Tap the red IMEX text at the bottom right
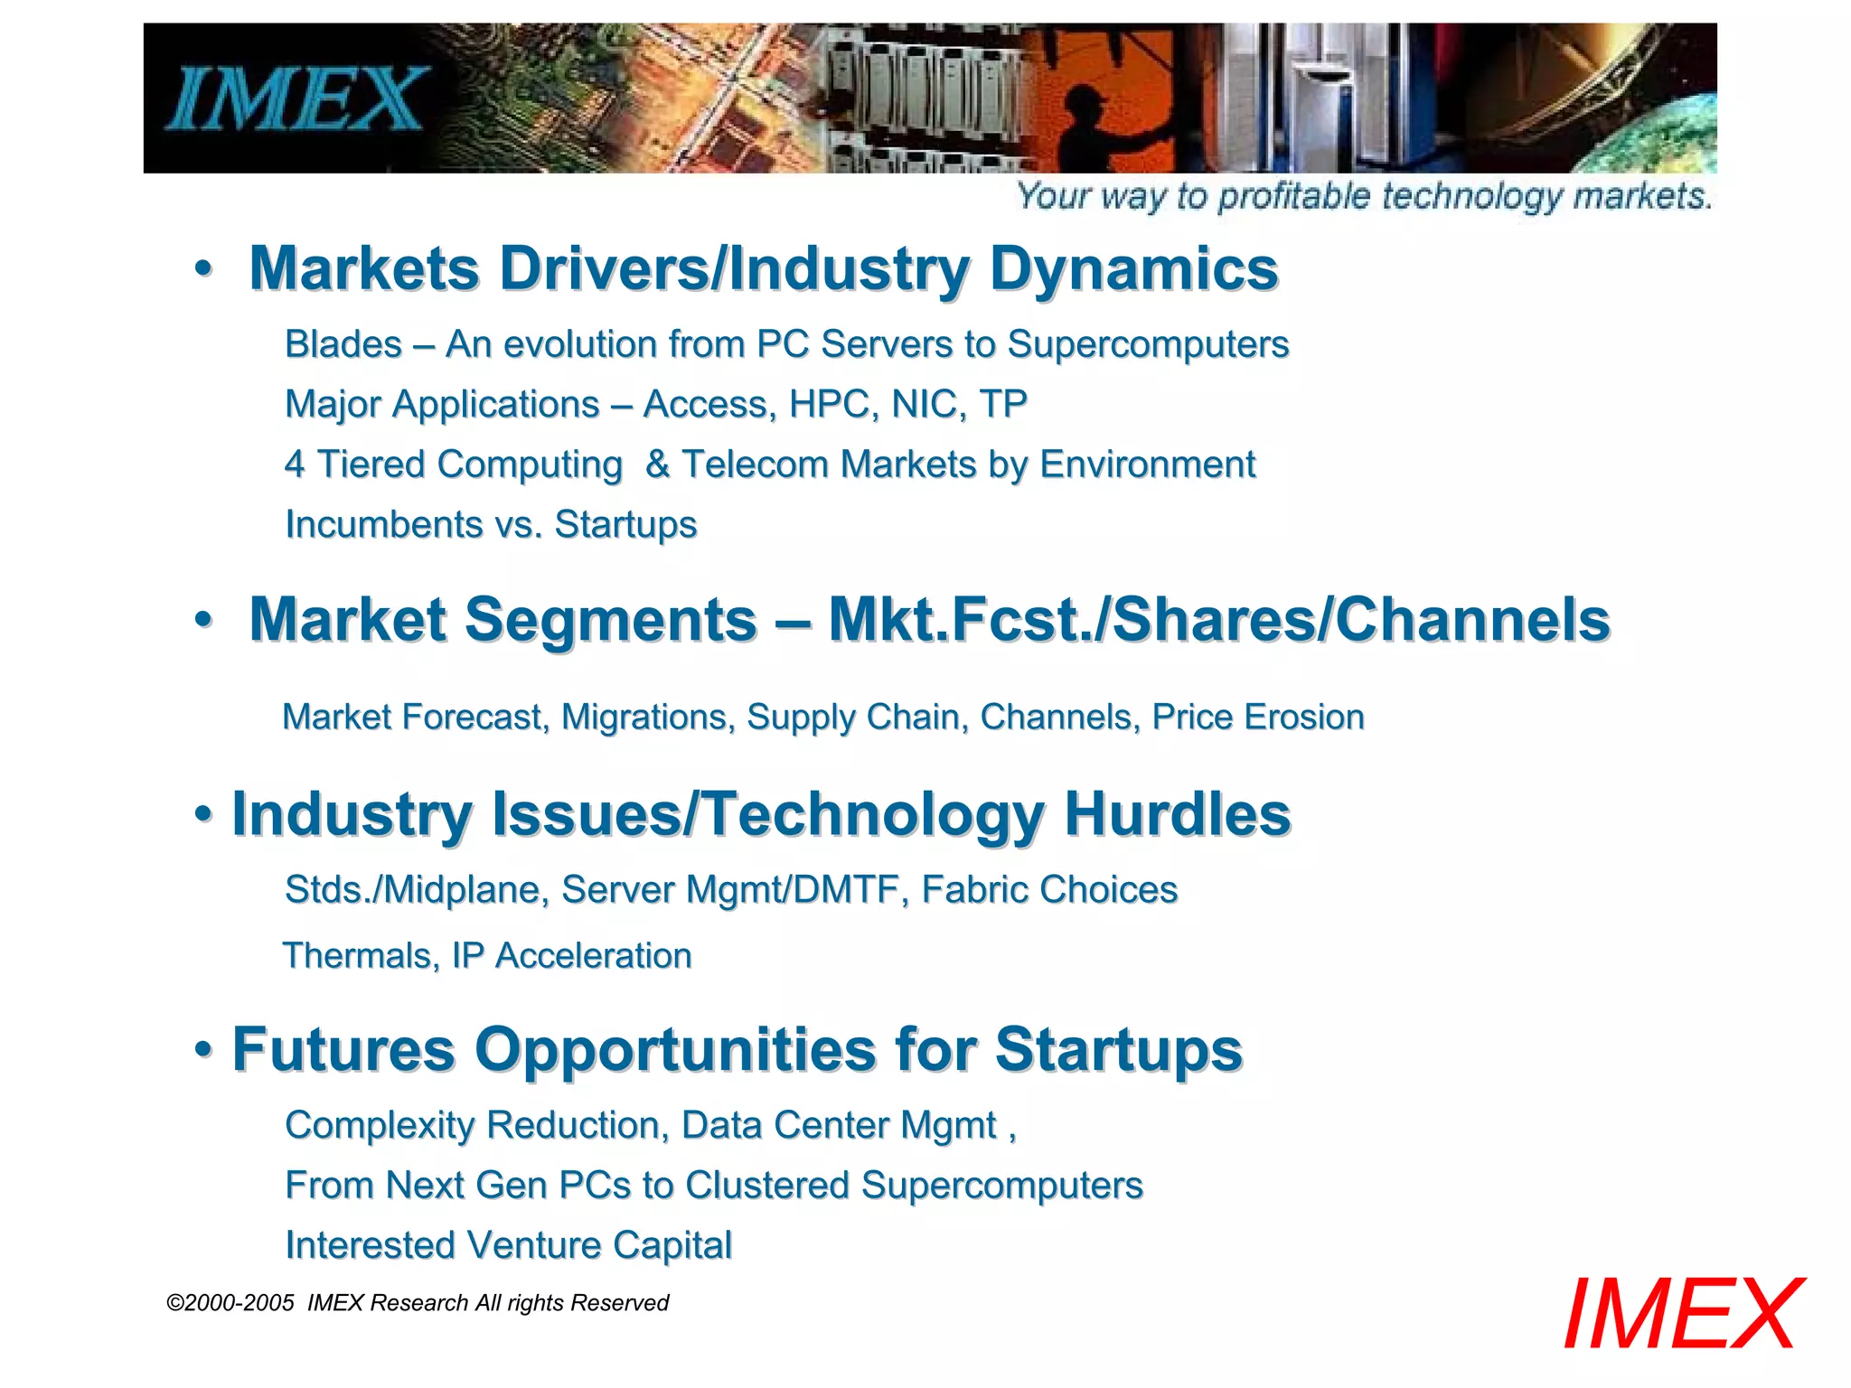coord(1682,1315)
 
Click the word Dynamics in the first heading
coord(1133,268)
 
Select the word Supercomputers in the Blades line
coord(1148,344)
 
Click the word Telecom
coord(755,464)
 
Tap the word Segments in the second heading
coord(610,620)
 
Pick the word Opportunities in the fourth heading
coord(675,1050)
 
